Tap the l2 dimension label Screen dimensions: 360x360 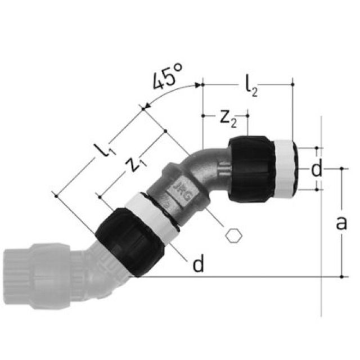pos(251,88)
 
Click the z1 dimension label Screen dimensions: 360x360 pos(133,164)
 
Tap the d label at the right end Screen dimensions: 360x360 pos(317,169)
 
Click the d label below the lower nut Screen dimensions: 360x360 pos(198,265)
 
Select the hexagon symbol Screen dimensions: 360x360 pos(233,235)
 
